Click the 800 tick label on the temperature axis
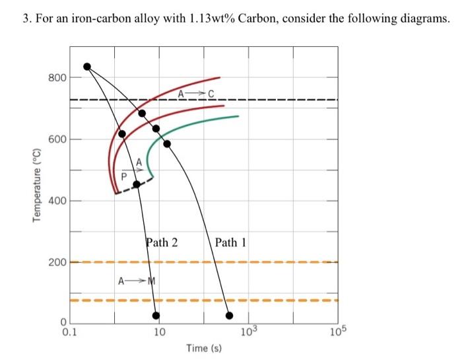click(x=57, y=78)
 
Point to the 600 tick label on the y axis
click(x=57, y=139)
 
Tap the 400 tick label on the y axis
click(x=57, y=201)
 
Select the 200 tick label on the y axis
click(x=57, y=262)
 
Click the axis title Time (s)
click(x=204, y=348)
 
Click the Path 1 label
click(x=230, y=242)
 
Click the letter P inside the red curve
click(x=123, y=176)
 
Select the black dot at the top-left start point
click(x=86, y=66)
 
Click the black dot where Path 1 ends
click(x=230, y=315)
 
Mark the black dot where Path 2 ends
click(x=156, y=315)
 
